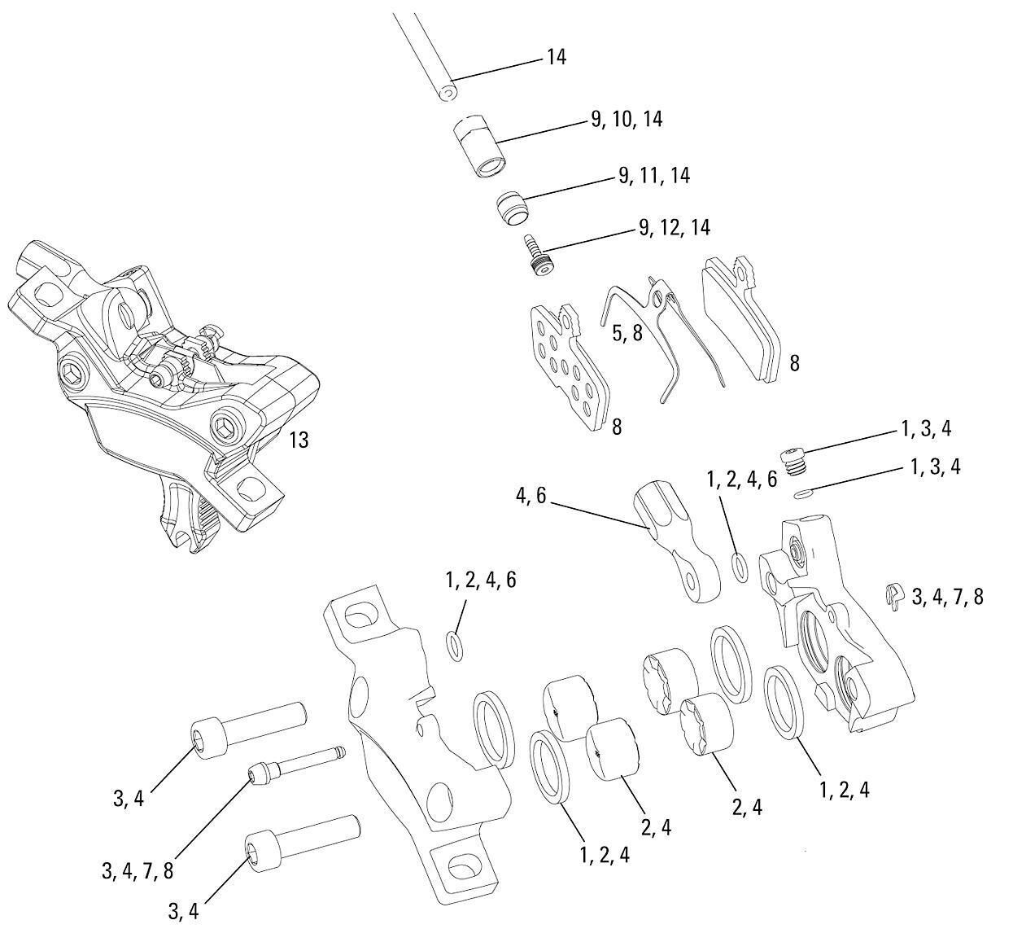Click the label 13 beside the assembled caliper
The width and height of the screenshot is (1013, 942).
pyautogui.click(x=299, y=440)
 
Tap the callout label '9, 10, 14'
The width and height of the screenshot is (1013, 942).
pyautogui.click(x=627, y=120)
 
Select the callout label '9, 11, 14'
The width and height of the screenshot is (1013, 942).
pyautogui.click(x=654, y=175)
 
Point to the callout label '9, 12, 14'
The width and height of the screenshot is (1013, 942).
pyautogui.click(x=675, y=227)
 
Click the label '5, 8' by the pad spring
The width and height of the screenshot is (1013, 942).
pyautogui.click(x=627, y=333)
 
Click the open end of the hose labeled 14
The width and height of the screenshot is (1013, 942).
pyautogui.click(x=445, y=92)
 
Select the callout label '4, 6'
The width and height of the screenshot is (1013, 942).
pyautogui.click(x=530, y=496)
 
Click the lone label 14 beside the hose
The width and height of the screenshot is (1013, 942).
pyautogui.click(x=557, y=57)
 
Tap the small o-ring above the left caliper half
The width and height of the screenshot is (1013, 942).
pyautogui.click(x=455, y=644)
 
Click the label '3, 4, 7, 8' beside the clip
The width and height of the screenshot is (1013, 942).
pyautogui.click(x=947, y=597)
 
